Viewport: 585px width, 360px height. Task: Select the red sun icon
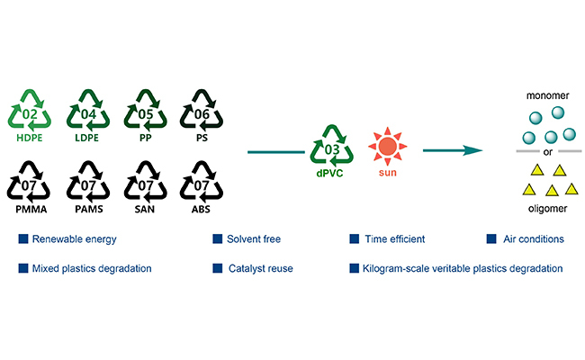(388, 145)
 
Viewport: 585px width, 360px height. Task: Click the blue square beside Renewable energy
(22, 239)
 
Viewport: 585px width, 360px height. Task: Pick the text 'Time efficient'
(395, 239)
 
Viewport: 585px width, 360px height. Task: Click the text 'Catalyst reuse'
(262, 268)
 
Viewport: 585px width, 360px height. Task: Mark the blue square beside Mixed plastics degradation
(22, 268)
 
